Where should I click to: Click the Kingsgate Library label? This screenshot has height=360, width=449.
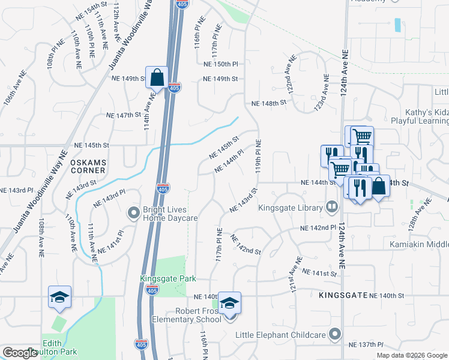(x=291, y=208)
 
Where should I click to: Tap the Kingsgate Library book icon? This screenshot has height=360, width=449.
(x=331, y=208)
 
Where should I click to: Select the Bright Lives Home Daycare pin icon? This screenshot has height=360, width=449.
(x=133, y=212)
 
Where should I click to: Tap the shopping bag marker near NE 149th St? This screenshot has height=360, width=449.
(x=157, y=77)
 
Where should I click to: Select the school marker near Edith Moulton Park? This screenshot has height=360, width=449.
(x=60, y=298)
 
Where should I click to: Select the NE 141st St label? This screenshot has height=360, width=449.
(x=319, y=273)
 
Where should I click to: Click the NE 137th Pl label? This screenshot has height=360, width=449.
(x=366, y=344)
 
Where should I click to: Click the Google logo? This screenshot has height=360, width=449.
(x=20, y=353)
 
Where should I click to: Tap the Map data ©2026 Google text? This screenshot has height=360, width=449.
(x=411, y=355)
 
